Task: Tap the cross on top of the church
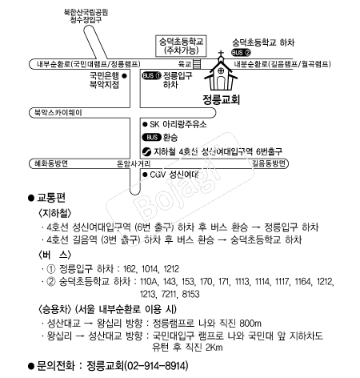point(221,54)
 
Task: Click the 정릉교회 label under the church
point(221,99)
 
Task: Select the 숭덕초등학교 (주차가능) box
point(181,46)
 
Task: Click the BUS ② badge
point(242,53)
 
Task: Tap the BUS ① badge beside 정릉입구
point(152,75)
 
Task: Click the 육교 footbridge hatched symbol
point(197,64)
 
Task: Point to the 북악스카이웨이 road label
point(58,113)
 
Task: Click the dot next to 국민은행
point(124,76)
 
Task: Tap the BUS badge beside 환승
point(152,138)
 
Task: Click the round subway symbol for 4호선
point(146,151)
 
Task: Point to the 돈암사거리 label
point(134,163)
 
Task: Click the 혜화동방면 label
point(51,163)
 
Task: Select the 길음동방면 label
point(269,163)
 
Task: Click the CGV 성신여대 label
point(174,175)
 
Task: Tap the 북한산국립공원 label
point(86,12)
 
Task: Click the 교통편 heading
point(51,198)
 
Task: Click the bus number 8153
point(190,294)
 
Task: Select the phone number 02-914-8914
point(156,365)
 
